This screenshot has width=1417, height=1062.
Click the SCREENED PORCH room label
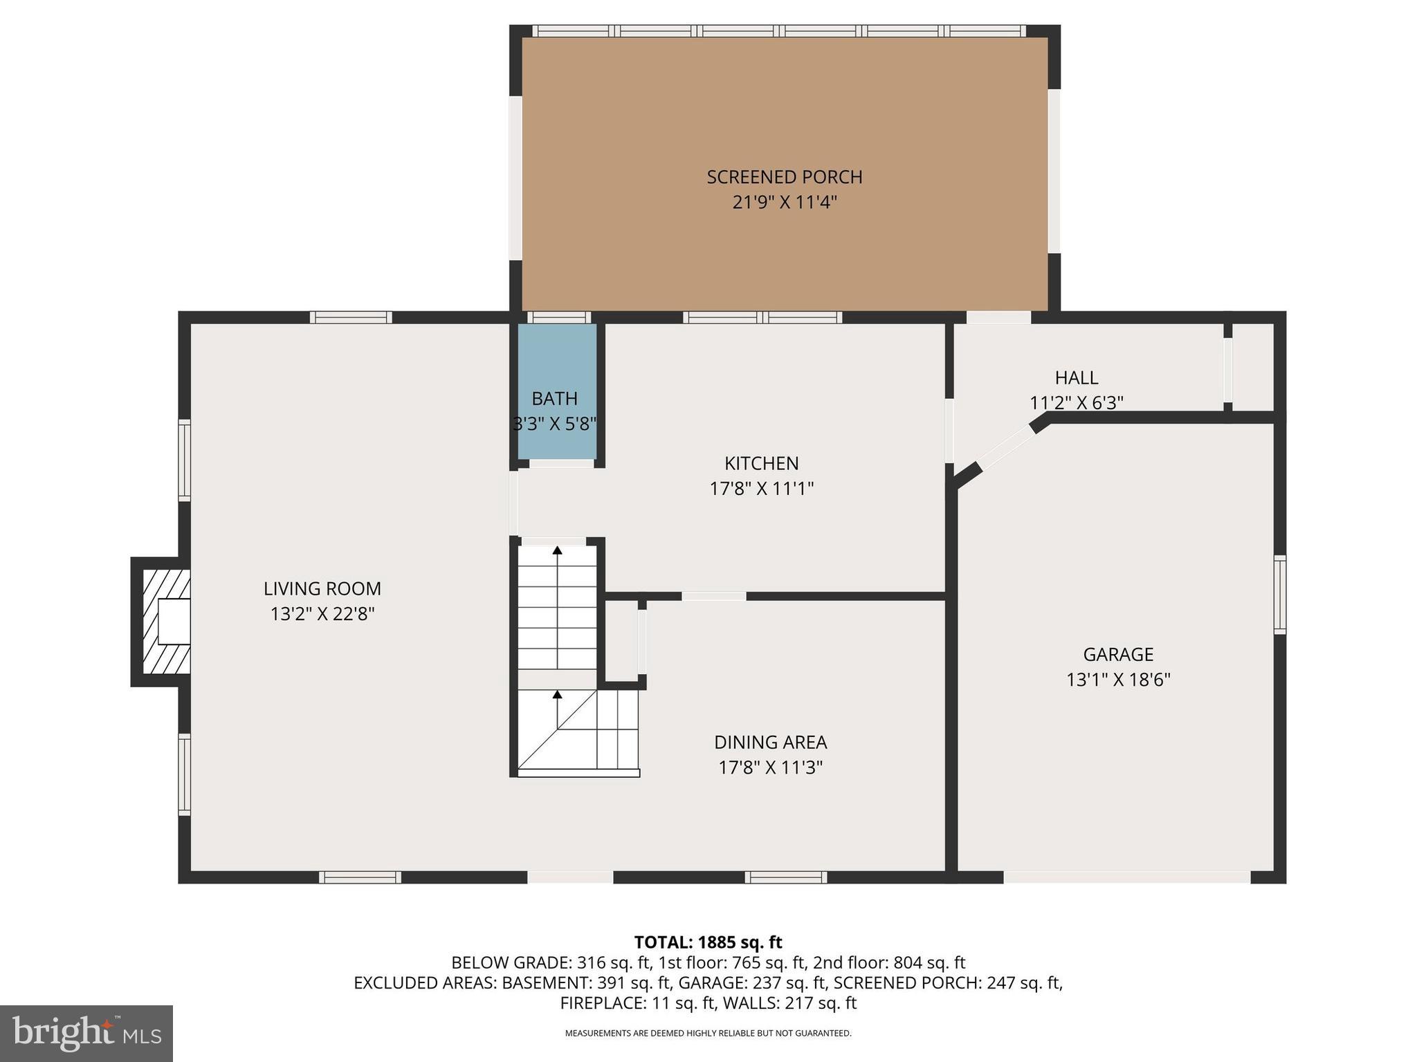click(784, 177)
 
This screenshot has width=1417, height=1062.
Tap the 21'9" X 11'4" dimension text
click(784, 203)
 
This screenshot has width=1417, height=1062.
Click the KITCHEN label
click(761, 463)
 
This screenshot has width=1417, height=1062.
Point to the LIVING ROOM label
click(322, 588)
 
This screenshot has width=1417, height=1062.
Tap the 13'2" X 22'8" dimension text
click(322, 614)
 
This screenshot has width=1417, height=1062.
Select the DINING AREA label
click(770, 742)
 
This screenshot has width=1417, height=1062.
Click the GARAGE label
click(1117, 654)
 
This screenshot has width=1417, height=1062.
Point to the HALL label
click(1076, 378)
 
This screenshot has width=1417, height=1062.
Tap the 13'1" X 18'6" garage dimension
click(1117, 680)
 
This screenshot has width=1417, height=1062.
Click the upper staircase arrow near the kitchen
click(557, 551)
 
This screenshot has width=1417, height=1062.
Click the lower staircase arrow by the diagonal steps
click(557, 695)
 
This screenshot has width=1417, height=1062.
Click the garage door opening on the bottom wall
click(1126, 877)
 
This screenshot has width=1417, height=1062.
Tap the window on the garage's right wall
click(1279, 595)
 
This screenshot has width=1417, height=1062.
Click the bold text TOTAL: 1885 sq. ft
click(708, 942)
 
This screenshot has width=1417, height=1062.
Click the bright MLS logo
click(86, 1033)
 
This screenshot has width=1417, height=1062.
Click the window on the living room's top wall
click(351, 317)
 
